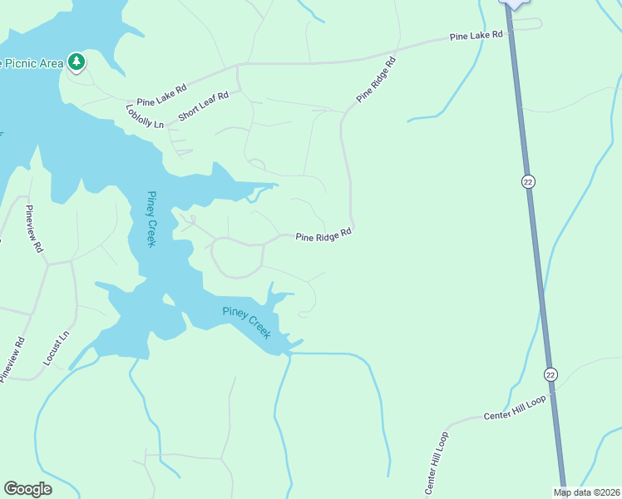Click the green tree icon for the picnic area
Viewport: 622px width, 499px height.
point(77,61)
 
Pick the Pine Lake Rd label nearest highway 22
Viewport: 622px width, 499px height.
point(476,36)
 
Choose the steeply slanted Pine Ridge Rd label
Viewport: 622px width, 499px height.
point(377,80)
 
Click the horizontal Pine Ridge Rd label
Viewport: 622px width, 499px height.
point(323,237)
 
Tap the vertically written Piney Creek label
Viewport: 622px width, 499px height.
point(151,219)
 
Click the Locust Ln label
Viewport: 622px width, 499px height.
point(55,349)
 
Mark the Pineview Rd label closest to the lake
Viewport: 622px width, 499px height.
point(33,229)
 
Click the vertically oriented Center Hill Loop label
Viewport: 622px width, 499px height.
point(437,463)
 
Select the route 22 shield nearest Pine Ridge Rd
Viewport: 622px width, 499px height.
point(528,181)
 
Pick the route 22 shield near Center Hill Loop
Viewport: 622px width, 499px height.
point(550,374)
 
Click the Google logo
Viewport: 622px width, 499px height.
point(27,489)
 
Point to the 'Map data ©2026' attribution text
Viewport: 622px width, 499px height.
point(586,492)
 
